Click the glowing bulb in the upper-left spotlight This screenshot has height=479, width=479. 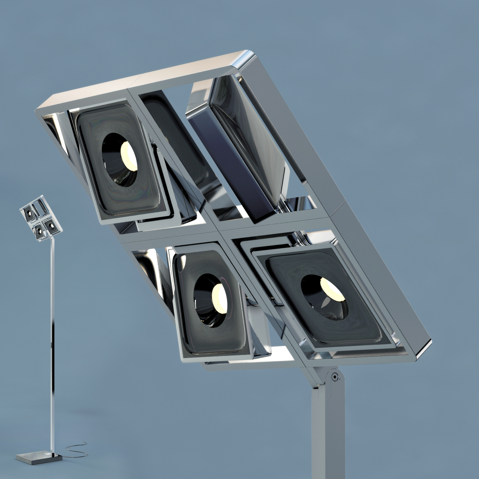[129, 156]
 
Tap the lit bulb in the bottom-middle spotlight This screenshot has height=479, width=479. [220, 297]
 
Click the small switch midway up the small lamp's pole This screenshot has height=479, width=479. [52, 343]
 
